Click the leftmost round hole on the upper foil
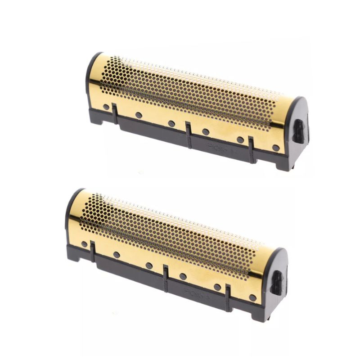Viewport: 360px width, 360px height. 106,107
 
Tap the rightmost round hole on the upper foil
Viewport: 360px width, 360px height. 275,148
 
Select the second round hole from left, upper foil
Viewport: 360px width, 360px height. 139,115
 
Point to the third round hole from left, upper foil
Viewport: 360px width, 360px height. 171,123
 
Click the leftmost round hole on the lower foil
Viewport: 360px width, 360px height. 84,244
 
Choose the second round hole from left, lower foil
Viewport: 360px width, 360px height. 117,255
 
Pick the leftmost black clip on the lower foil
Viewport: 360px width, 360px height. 92,250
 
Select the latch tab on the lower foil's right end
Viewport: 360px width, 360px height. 278,281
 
